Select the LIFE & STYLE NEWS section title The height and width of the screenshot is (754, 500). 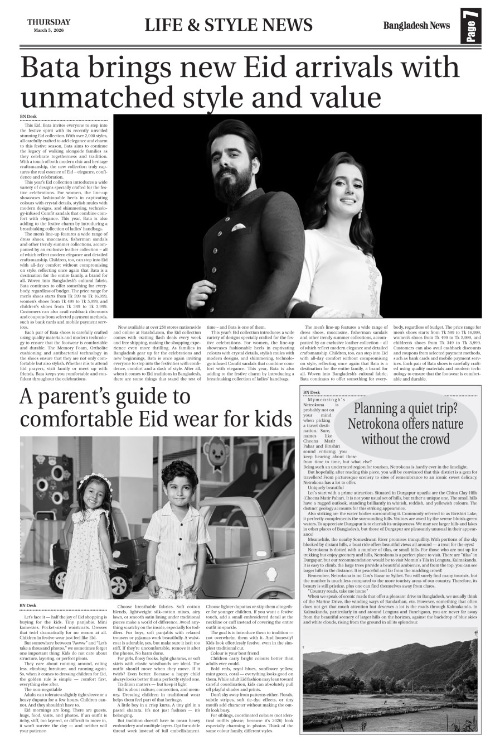229,25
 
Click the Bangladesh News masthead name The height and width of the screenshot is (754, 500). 416,25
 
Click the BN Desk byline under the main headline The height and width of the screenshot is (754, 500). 28,116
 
